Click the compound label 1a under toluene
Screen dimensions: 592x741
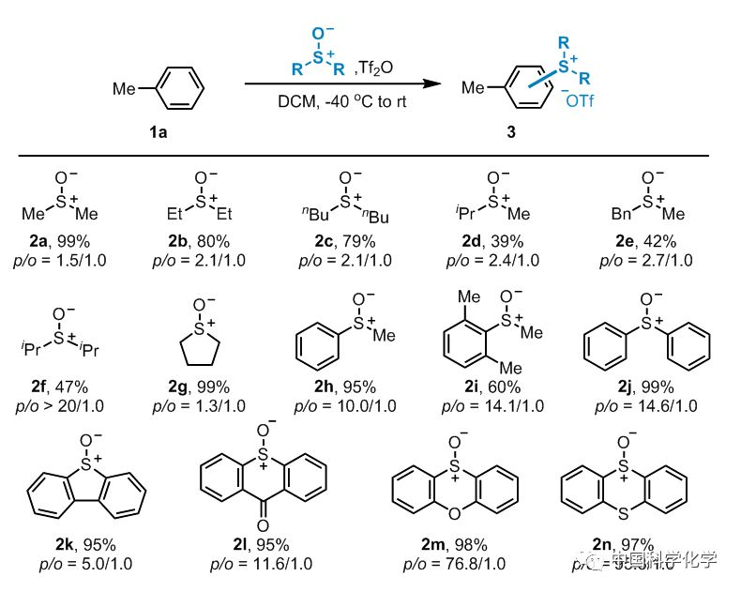tap(158, 133)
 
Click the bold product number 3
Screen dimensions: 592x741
tap(511, 133)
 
